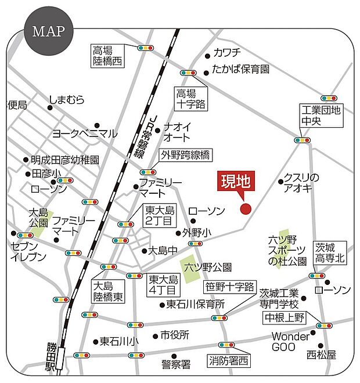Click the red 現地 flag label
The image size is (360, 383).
click(x=235, y=182)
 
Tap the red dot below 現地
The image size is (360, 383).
click(x=245, y=209)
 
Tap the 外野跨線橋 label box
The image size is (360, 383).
click(x=185, y=155)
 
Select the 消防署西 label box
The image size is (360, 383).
click(x=229, y=361)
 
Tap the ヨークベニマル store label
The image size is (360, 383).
click(x=85, y=133)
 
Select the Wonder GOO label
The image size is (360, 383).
click(x=291, y=342)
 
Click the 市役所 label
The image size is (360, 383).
click(x=175, y=335)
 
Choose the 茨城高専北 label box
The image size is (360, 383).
click(x=330, y=252)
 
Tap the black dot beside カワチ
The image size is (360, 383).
click(x=207, y=56)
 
